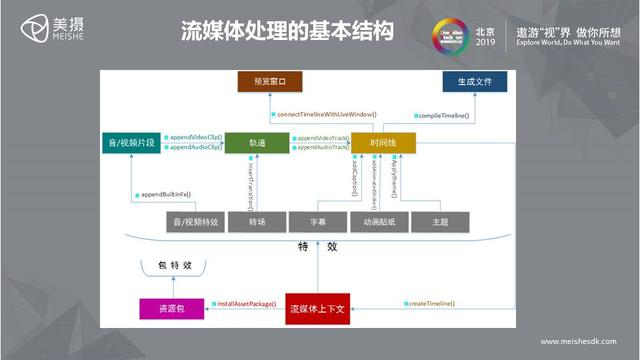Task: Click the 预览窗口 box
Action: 269,81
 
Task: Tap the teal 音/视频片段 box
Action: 130,142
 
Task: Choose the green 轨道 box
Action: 257,142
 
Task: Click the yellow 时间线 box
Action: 381,142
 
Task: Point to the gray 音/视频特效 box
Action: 195,222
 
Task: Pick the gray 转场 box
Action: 257,222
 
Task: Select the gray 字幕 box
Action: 317,222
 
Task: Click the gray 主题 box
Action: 441,222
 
